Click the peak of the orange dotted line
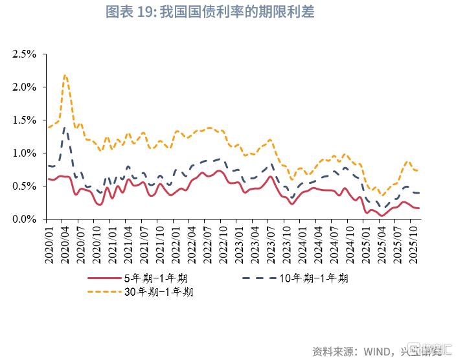(x=65, y=75)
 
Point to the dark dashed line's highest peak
(x=65, y=128)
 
